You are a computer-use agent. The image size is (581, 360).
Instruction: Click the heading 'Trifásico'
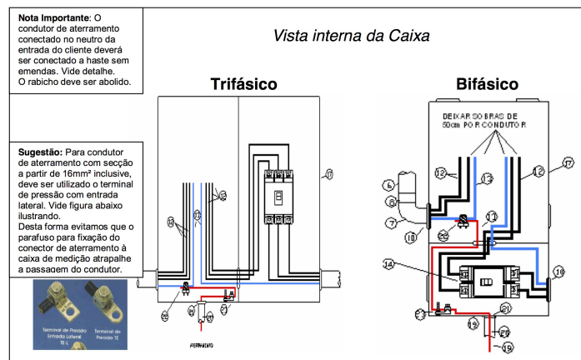(243, 85)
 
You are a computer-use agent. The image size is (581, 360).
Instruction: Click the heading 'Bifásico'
(488, 85)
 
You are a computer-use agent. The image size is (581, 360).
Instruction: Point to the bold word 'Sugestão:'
(39, 152)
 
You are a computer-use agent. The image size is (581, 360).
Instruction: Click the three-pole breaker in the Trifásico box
(277, 197)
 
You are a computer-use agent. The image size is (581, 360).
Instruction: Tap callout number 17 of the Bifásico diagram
(568, 163)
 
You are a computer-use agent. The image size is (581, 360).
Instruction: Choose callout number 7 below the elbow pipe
(389, 222)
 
